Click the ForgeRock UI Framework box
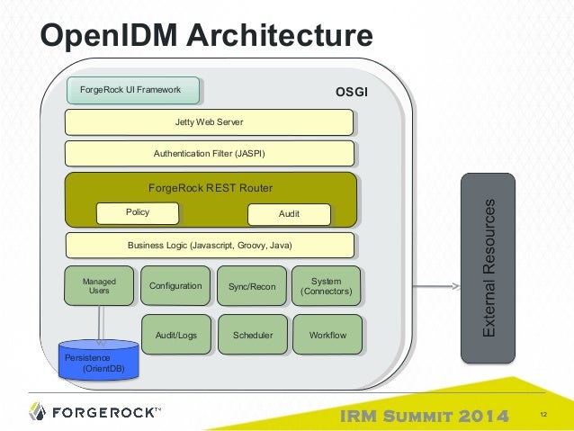coord(133,90)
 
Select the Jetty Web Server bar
coord(209,121)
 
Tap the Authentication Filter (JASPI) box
coord(209,153)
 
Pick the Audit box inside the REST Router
coord(289,214)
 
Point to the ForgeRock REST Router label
coord(210,187)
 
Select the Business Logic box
coord(209,245)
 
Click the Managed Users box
coord(99,286)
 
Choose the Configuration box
coord(175,286)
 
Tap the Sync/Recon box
coord(252,286)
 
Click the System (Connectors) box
coord(327,286)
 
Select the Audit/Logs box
coord(176,335)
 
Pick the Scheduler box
coord(253,335)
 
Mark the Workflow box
coord(327,335)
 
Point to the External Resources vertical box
coord(489,269)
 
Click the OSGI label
coord(351,92)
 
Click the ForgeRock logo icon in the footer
coord(37,412)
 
